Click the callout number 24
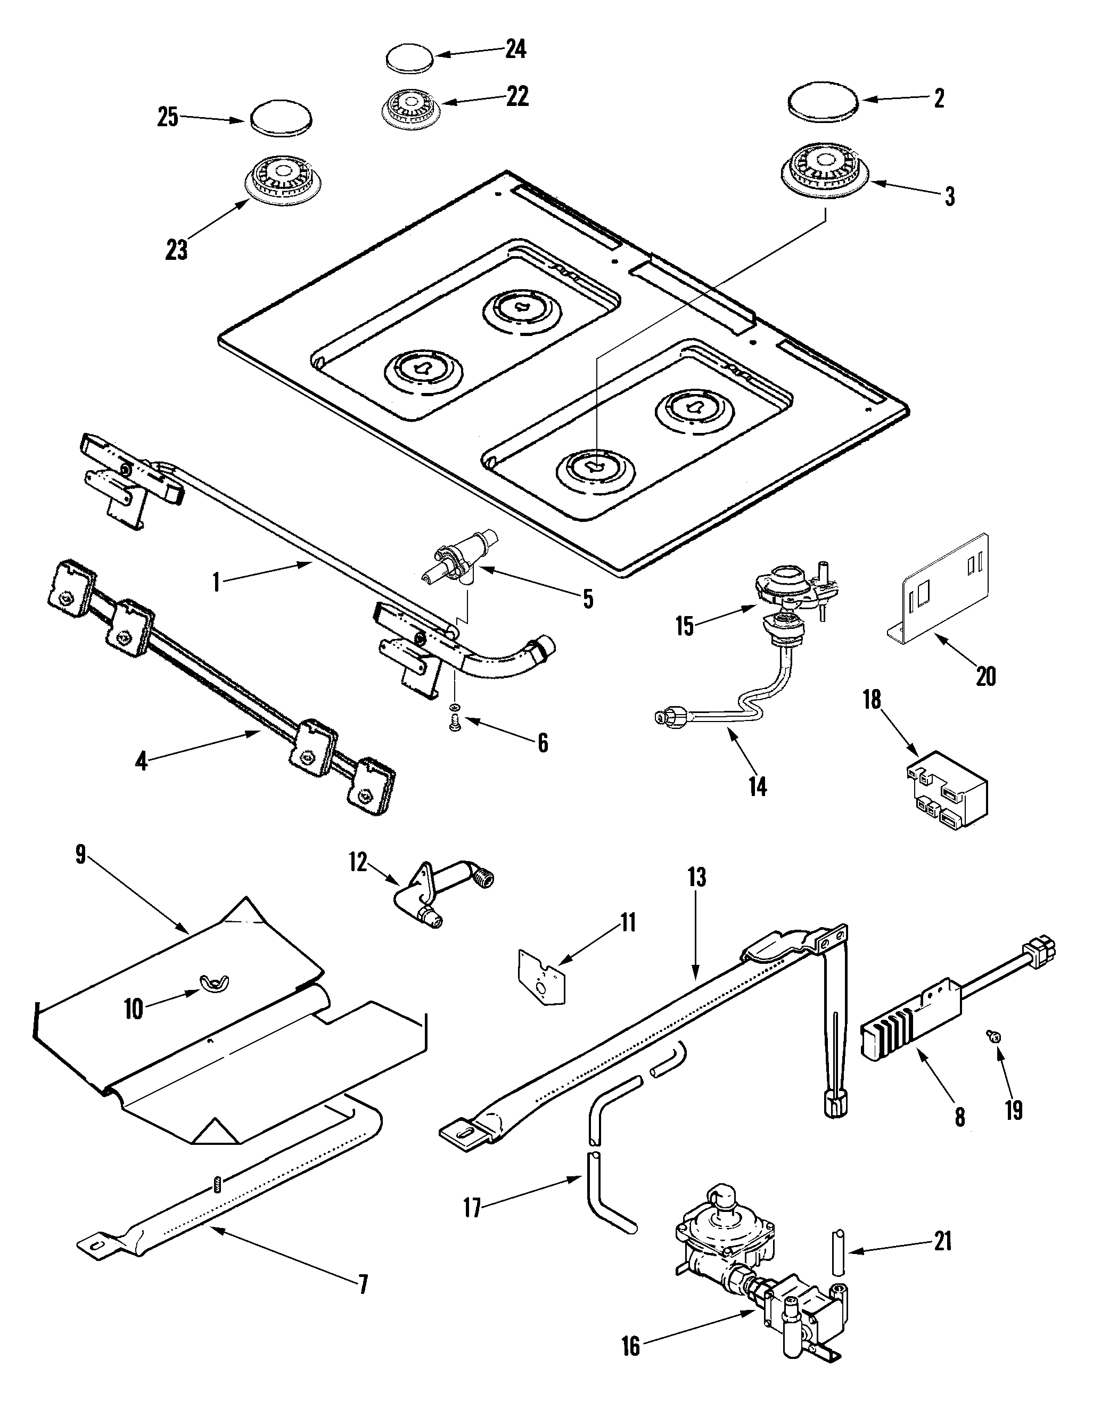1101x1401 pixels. click(515, 49)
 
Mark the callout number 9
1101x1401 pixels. click(80, 856)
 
